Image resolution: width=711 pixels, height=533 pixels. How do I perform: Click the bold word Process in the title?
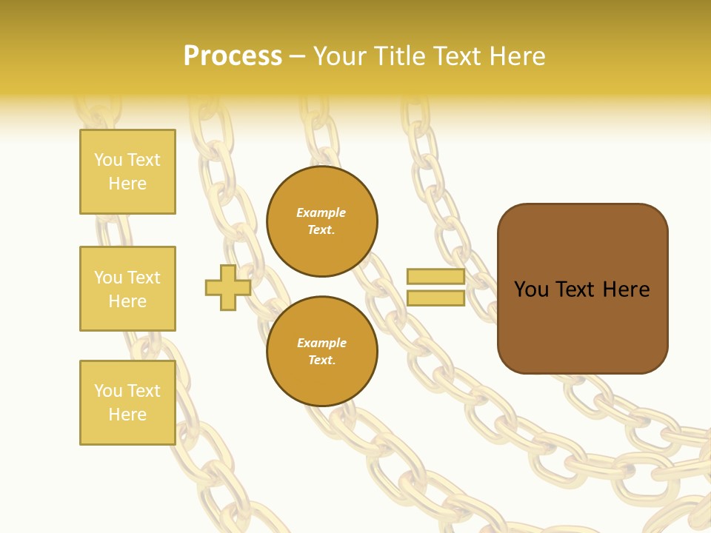point(233,56)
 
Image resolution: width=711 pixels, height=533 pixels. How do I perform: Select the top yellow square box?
point(127,172)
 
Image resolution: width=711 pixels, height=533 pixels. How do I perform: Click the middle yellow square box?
point(127,289)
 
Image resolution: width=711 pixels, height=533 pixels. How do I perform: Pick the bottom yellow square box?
point(127,403)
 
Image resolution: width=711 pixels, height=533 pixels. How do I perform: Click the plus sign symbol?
point(228,287)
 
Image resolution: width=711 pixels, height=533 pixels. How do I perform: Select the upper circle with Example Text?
point(321,221)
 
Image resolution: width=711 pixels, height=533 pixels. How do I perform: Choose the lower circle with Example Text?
point(321,352)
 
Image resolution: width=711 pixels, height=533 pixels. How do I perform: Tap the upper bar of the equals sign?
point(435,277)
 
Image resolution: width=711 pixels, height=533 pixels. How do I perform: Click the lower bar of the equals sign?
point(435,298)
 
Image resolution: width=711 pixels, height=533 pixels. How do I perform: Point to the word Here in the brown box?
point(626,289)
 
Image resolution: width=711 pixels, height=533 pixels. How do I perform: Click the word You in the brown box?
point(531,289)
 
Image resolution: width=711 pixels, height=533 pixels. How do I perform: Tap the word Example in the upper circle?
point(321,213)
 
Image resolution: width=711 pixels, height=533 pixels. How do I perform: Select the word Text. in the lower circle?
point(321,361)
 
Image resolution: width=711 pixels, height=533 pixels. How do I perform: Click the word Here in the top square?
point(127,184)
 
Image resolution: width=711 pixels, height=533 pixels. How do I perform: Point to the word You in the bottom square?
point(108,391)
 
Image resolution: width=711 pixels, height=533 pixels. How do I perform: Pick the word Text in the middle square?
point(144,278)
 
